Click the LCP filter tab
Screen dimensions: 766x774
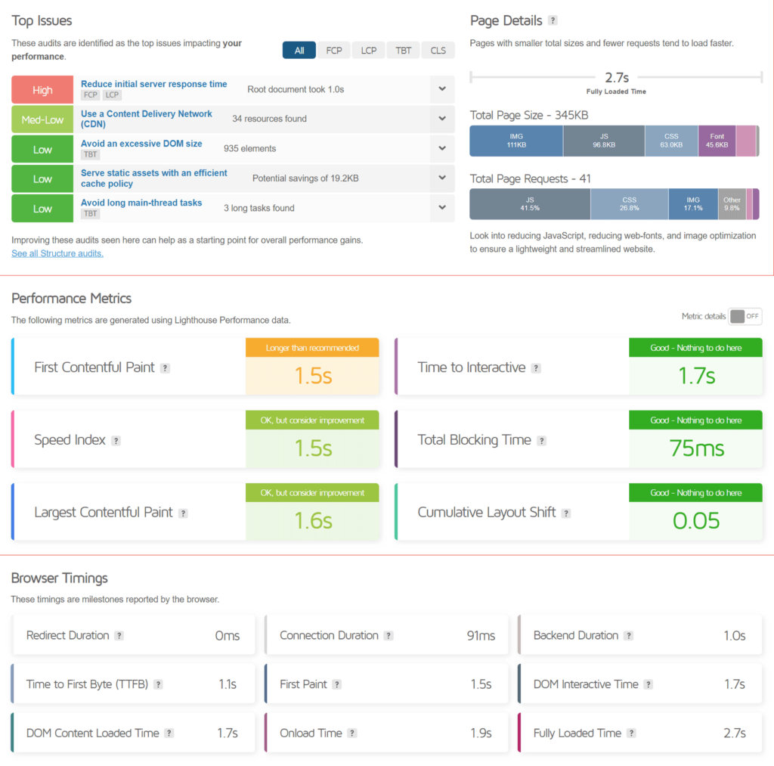coord(368,51)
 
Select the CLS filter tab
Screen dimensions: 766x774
coord(438,51)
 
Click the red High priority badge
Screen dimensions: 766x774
coord(42,90)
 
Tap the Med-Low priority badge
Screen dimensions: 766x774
coord(42,119)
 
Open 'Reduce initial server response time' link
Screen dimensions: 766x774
coord(153,84)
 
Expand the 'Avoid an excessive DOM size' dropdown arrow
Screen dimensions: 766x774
coord(442,148)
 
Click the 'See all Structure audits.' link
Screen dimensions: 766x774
coord(57,253)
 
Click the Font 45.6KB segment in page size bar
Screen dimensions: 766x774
coord(717,141)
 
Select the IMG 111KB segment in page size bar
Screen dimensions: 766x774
coord(516,141)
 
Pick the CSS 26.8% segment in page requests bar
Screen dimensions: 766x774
coord(629,204)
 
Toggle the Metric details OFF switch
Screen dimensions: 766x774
coord(745,317)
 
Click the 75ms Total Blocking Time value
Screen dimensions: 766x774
coord(696,448)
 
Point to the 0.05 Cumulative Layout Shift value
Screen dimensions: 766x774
coord(696,521)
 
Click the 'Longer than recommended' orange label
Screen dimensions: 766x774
coord(312,348)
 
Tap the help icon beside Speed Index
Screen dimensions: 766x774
coord(116,441)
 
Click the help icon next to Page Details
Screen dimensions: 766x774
coord(553,20)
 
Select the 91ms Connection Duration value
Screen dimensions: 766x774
coord(481,636)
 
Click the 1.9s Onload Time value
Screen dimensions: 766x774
coord(481,733)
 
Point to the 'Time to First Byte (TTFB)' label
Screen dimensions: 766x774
coord(88,684)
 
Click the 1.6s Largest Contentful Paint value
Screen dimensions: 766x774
coord(312,521)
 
